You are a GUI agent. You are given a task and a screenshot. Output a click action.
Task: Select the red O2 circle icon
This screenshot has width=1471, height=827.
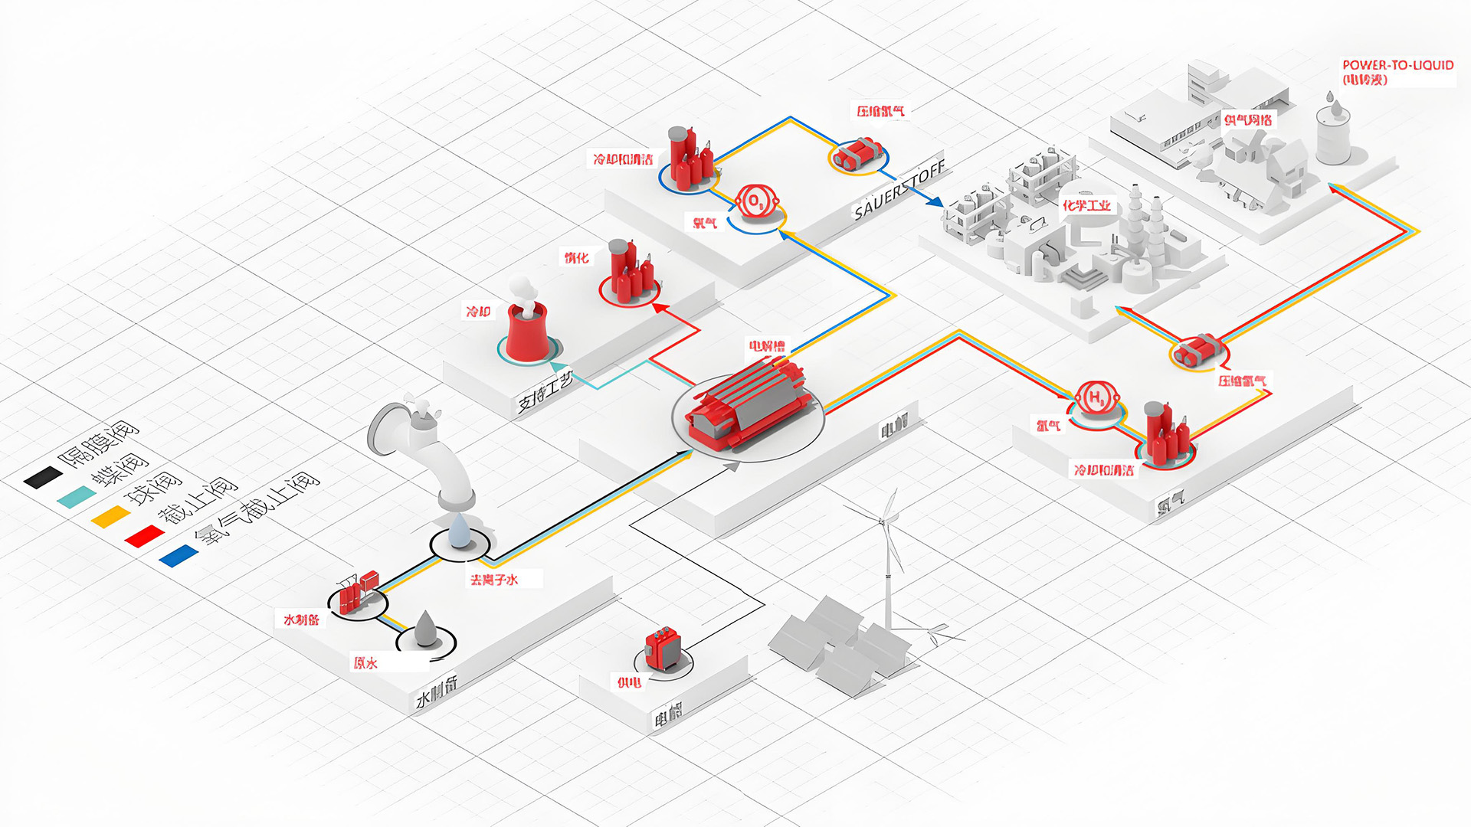[756, 201]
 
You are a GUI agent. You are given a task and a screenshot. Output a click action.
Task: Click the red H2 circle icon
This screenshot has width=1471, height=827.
[1097, 398]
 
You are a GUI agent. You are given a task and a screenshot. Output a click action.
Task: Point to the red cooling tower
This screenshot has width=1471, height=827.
[527, 331]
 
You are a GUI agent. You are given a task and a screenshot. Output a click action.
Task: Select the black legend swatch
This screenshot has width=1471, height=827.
[43, 478]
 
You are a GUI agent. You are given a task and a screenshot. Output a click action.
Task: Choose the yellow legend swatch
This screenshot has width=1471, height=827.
[111, 517]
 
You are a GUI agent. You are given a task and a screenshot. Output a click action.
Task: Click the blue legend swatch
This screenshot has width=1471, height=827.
[179, 556]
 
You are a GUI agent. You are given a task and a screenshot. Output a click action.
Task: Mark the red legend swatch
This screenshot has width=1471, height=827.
[145, 537]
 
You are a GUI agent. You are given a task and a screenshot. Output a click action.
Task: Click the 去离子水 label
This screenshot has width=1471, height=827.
[494, 580]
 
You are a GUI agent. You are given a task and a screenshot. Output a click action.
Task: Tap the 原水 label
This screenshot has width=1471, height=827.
[365, 663]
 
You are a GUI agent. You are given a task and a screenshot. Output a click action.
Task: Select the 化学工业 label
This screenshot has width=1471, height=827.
[1086, 205]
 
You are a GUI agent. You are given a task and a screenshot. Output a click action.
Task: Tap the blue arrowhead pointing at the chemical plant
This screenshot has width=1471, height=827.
[934, 201]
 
